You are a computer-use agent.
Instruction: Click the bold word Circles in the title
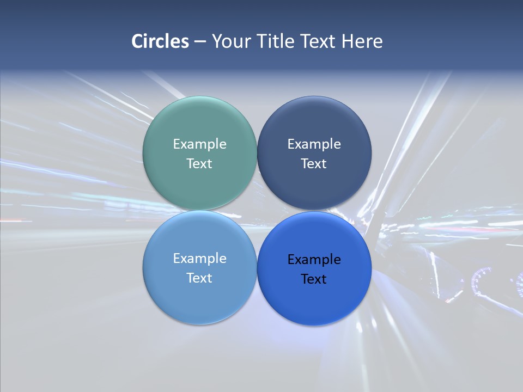point(160,41)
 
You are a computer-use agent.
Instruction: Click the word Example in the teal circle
point(199,144)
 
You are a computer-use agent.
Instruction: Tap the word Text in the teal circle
point(199,164)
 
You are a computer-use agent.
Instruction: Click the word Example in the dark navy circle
point(314,144)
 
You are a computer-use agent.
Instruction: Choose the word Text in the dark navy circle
point(314,164)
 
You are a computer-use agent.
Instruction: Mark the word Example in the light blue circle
point(199,259)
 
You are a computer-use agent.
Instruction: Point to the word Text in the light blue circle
point(199,278)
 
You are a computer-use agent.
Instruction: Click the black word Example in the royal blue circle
point(314,260)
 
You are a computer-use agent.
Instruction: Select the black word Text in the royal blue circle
point(314,279)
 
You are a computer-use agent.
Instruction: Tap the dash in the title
point(200,42)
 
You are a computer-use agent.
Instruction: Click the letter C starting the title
point(137,41)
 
